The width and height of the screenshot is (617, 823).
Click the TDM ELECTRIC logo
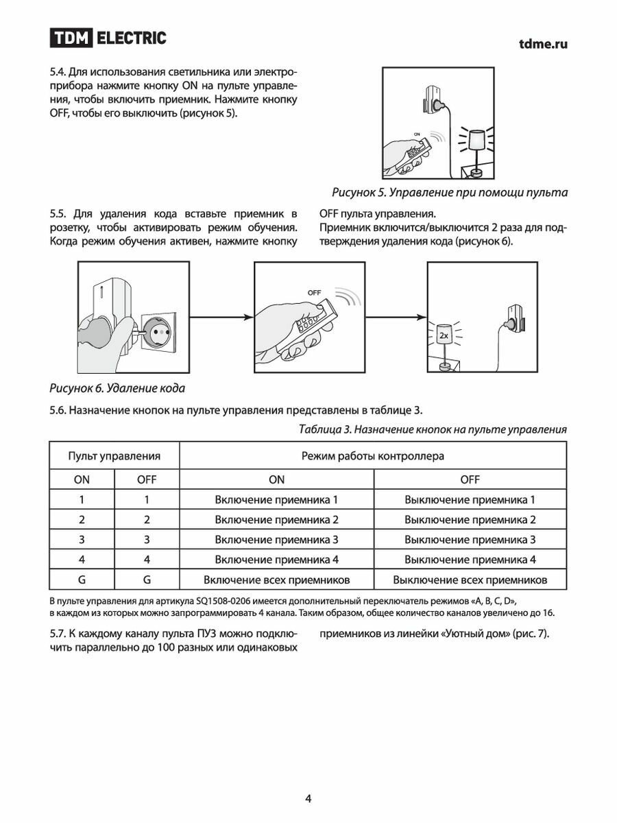(x=108, y=38)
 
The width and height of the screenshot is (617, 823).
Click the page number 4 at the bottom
(x=308, y=798)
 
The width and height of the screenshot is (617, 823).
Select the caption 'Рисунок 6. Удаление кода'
(x=117, y=388)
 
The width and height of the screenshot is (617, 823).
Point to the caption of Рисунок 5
(x=450, y=191)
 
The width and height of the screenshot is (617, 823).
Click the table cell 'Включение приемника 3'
(x=276, y=540)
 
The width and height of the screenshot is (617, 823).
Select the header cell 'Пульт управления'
(x=114, y=455)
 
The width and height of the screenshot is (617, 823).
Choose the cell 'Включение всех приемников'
(x=276, y=580)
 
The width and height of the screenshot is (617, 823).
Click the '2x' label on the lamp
(x=444, y=336)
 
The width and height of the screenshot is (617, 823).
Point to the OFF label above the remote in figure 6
(x=314, y=292)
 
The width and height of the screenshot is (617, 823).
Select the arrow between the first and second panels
(x=221, y=317)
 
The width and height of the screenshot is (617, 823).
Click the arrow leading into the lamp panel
(x=396, y=317)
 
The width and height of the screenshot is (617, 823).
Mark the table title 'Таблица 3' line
(x=433, y=429)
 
